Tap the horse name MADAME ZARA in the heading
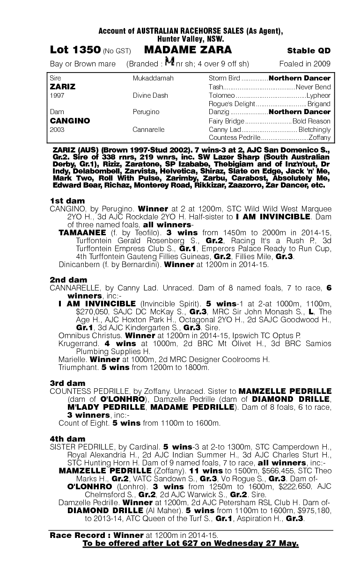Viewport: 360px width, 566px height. pyautogui.click(x=188, y=50)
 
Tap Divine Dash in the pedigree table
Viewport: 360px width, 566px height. pyautogui.click(x=150, y=95)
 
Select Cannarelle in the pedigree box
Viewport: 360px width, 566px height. pyautogui.click(x=149, y=129)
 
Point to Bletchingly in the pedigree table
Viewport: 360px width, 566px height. pyautogui.click(x=315, y=129)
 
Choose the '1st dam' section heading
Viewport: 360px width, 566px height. pyautogui.click(x=67, y=201)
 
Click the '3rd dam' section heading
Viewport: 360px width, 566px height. pyautogui.click(x=67, y=383)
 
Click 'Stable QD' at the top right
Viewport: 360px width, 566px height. pyautogui.click(x=309, y=51)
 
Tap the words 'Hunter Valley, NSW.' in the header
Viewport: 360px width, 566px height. pyautogui.click(x=191, y=39)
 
